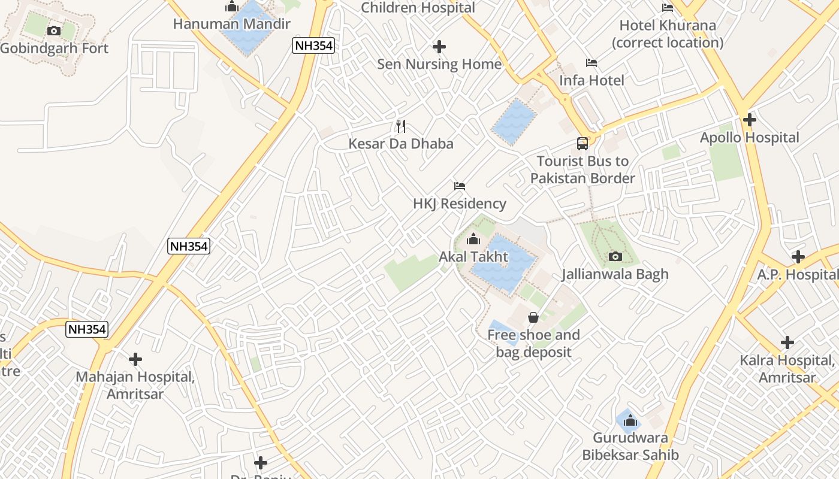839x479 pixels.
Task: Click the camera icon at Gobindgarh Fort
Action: [54, 31]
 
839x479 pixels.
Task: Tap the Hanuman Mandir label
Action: [231, 24]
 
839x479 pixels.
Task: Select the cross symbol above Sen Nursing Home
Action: [439, 47]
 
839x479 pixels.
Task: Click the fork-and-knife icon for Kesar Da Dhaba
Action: [401, 126]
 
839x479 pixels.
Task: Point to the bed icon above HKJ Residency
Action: [460, 186]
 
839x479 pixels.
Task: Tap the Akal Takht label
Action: [473, 257]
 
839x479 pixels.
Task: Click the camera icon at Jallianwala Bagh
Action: [615, 257]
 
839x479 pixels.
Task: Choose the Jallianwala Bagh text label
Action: [615, 274]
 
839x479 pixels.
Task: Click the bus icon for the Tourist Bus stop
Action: [583, 144]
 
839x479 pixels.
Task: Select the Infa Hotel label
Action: [591, 80]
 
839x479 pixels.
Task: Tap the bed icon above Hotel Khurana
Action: [668, 8]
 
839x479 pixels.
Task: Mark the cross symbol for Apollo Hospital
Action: [749, 120]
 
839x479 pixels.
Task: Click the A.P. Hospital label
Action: [797, 274]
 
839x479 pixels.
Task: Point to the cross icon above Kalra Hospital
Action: [787, 342]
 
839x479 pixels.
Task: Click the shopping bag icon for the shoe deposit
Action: [533, 317]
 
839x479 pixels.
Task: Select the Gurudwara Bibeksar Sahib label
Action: [630, 446]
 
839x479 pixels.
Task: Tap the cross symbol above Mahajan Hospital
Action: [135, 359]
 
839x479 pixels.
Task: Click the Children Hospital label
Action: [418, 8]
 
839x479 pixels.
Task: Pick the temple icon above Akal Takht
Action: [473, 239]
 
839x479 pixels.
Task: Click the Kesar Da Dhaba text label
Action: [401, 144]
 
